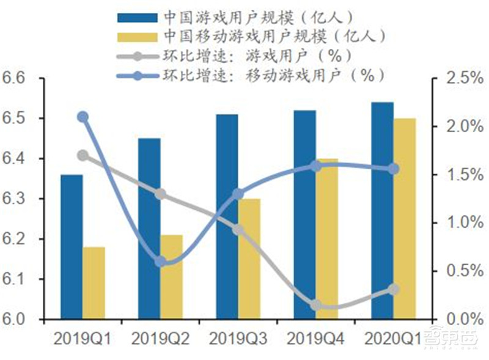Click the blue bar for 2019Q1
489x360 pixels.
click(x=72, y=247)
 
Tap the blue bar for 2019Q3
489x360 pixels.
click(x=227, y=217)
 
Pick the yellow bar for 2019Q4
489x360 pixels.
click(x=326, y=239)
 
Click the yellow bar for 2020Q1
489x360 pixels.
click(x=404, y=219)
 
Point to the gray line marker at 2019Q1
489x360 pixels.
click(x=83, y=155)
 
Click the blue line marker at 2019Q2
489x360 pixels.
click(x=161, y=262)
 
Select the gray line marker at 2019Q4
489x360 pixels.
click(x=316, y=305)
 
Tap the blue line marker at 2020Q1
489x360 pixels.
click(x=394, y=169)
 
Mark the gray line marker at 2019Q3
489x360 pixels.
click(x=238, y=230)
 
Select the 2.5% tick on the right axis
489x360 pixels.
click(x=462, y=78)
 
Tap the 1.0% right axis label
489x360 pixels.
click(x=462, y=222)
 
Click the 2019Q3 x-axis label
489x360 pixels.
click(x=238, y=337)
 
